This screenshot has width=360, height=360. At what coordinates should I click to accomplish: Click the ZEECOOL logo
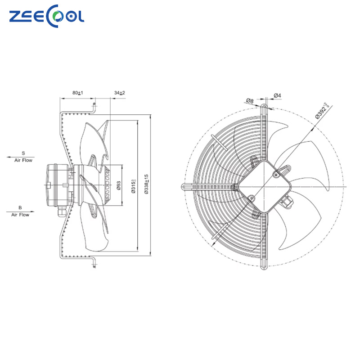[47, 17]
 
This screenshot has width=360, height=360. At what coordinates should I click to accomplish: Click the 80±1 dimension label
[78, 93]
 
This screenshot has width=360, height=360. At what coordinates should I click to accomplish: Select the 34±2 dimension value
[119, 93]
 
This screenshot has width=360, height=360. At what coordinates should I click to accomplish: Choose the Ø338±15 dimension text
[147, 184]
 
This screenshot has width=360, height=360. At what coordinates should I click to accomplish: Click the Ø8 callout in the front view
[250, 100]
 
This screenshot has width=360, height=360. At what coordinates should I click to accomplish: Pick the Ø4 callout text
[278, 95]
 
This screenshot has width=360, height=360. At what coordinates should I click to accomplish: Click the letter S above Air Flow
[23, 153]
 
